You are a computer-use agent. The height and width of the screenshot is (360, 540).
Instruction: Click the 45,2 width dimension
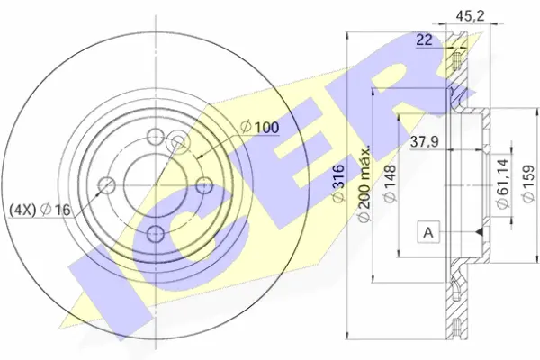point(470,15)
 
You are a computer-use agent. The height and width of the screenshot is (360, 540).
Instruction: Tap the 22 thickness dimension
point(424,40)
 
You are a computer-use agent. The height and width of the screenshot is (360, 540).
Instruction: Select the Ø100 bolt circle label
point(260,128)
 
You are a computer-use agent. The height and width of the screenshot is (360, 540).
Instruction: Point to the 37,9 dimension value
point(424,141)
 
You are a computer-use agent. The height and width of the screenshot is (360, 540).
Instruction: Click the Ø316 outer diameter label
point(338,184)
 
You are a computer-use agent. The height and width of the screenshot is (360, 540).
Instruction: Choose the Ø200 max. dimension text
point(364,184)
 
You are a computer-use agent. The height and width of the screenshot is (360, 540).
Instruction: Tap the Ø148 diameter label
point(390,184)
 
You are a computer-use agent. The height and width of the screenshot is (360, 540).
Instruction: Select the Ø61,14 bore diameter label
point(503,184)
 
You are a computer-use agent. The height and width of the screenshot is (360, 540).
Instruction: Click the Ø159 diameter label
point(528,184)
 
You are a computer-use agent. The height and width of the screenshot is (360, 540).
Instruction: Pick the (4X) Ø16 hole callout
point(40,210)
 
